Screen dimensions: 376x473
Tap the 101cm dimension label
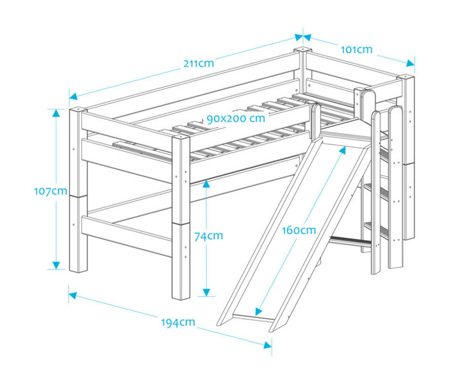[356, 49]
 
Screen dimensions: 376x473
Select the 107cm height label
[51, 191]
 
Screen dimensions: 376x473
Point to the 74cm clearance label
[208, 235]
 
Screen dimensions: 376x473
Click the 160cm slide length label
[299, 230]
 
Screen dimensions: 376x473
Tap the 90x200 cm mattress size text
[236, 118]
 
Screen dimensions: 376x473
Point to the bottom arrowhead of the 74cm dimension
[206, 292]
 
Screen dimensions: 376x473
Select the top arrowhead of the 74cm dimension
[206, 182]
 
